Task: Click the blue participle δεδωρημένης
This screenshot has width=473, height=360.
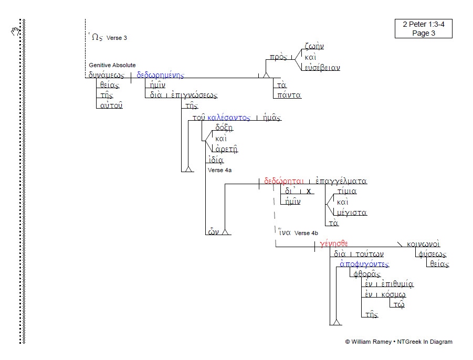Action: point(160,75)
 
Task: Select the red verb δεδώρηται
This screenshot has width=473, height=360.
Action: point(284,181)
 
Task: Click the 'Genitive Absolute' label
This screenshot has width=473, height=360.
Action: point(112,65)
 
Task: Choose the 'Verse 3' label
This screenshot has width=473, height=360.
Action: point(117,38)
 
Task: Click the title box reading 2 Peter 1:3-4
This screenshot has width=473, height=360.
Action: point(424,28)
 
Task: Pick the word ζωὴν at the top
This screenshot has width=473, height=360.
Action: point(314,46)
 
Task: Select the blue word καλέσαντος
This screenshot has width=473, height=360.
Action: point(229,118)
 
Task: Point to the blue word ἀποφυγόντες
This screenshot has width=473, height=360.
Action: point(364,264)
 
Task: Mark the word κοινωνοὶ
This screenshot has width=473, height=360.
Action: point(423,243)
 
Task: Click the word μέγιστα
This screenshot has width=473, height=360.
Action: point(351,213)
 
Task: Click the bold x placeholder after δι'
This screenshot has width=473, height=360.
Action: point(309,191)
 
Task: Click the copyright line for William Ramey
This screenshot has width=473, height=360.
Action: point(398,342)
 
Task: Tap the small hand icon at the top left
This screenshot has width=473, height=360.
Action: point(16,30)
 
